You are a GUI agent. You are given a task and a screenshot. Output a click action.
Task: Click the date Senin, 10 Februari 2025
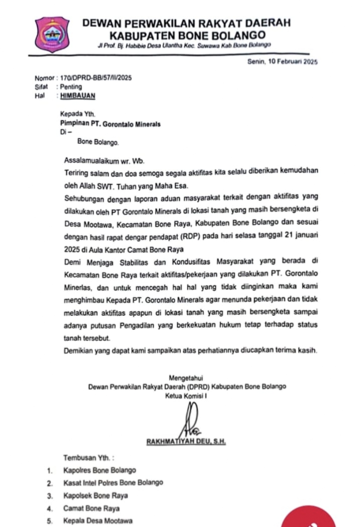(283, 62)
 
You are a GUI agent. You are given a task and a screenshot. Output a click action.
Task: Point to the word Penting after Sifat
(71, 86)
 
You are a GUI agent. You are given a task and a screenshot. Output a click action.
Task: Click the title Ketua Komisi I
(186, 396)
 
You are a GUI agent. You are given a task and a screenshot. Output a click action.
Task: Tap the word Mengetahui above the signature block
(186, 377)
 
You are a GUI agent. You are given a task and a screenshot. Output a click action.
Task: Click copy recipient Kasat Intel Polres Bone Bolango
(113, 483)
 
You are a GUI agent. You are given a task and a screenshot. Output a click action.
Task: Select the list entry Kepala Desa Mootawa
(98, 521)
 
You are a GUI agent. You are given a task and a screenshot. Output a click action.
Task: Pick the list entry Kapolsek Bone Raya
(96, 495)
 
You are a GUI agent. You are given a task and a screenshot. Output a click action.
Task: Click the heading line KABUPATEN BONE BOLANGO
(188, 36)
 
